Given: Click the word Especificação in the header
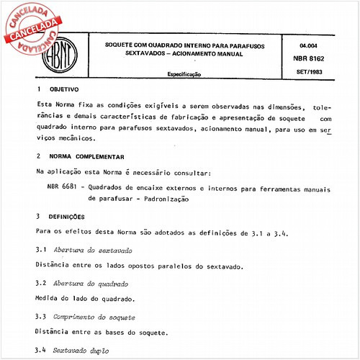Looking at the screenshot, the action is coord(188,74).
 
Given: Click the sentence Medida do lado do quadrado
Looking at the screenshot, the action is coord(85,298).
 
